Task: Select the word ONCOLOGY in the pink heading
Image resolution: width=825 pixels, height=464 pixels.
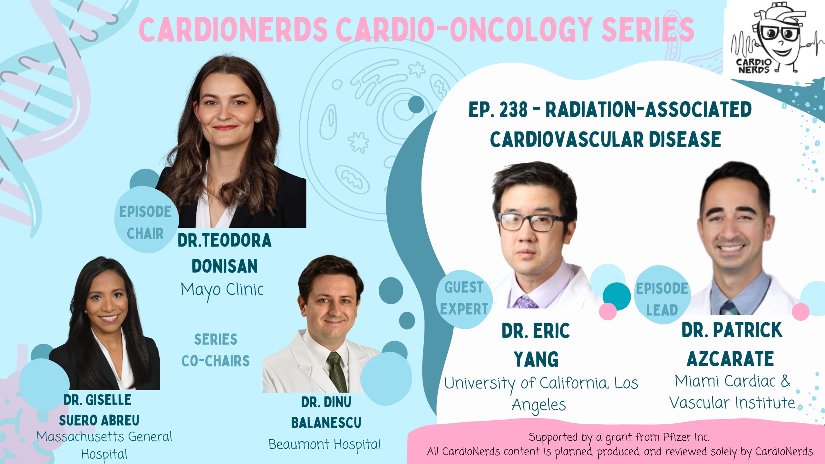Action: tap(520, 30)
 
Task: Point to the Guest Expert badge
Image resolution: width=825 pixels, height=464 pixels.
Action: tap(464, 299)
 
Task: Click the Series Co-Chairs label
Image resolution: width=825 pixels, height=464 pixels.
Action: tap(216, 350)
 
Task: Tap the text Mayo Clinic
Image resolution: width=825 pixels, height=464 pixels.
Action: tap(222, 290)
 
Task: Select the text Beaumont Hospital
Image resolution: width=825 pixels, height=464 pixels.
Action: tap(325, 445)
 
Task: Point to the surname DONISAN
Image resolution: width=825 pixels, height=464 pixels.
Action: tap(225, 266)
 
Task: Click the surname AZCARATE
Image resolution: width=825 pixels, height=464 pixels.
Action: tap(730, 359)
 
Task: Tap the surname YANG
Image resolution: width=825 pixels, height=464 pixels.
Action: tap(536, 360)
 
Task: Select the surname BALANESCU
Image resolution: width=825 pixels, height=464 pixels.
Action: tap(326, 423)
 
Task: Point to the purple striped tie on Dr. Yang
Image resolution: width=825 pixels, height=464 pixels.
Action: tap(527, 302)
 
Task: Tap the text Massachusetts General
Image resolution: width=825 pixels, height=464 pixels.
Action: tap(104, 437)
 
